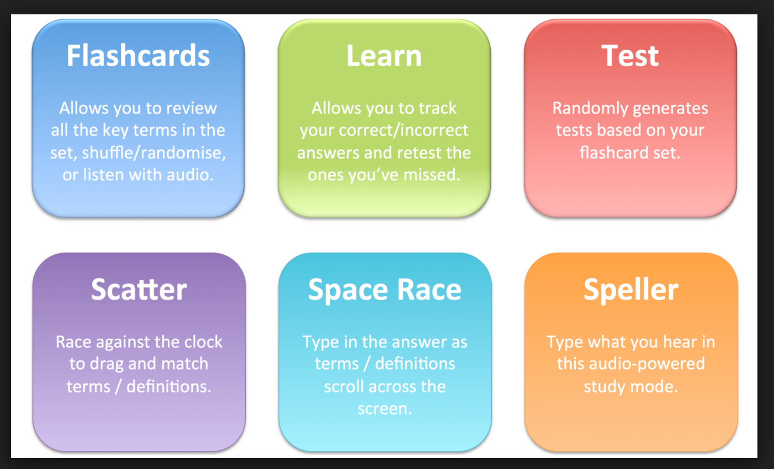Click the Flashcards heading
(138, 56)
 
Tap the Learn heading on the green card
(384, 56)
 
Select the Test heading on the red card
(630, 56)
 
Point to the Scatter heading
(139, 290)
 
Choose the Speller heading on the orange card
(631, 290)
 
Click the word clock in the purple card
(203, 342)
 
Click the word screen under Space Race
(384, 409)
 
